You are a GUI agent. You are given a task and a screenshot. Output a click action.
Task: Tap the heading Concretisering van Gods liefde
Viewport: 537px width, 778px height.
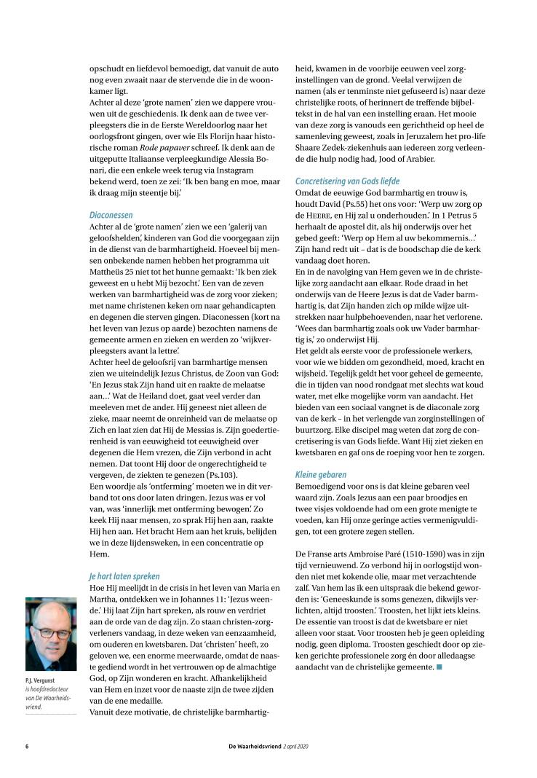347,180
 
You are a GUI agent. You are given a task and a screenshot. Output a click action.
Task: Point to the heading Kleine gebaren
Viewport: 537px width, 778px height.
321,475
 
